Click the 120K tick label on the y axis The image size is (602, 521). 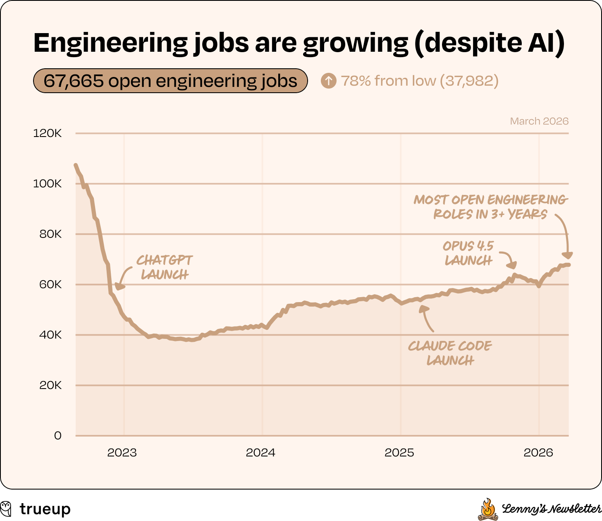(x=47, y=133)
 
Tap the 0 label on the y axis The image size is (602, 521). (x=57, y=436)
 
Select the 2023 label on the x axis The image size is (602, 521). (x=122, y=453)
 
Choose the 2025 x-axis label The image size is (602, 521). (x=399, y=453)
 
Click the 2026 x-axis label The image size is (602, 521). (x=538, y=453)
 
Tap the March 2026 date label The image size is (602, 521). (x=539, y=121)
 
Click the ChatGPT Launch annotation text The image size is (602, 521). (x=165, y=267)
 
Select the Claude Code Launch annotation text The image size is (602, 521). (x=450, y=353)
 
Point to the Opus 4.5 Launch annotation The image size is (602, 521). (x=468, y=253)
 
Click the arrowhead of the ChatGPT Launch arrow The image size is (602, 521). (x=119, y=286)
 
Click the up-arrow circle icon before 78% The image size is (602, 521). (x=329, y=81)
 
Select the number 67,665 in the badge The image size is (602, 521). (x=74, y=81)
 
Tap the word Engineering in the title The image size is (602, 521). (x=110, y=43)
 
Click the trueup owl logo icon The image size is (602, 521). (x=7, y=509)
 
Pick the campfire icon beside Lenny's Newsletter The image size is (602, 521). (x=488, y=509)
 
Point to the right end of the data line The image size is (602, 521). (x=569, y=265)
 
